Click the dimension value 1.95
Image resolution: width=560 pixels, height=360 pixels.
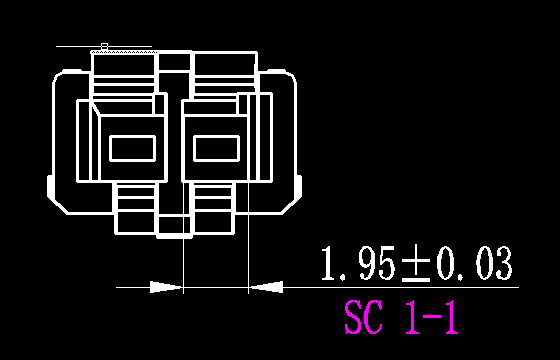358,264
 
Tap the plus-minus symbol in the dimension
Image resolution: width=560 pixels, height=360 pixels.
416,265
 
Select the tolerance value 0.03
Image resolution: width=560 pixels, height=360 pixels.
474,264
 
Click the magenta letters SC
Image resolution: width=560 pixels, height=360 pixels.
363,317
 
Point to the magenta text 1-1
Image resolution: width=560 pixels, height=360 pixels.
431,317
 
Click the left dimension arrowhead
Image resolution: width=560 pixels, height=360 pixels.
166,287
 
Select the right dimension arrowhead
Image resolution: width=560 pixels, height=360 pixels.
266,287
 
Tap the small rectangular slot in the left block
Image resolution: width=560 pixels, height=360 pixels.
132,148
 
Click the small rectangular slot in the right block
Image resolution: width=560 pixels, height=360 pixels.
216,148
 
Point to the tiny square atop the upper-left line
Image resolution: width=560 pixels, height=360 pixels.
104,46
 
